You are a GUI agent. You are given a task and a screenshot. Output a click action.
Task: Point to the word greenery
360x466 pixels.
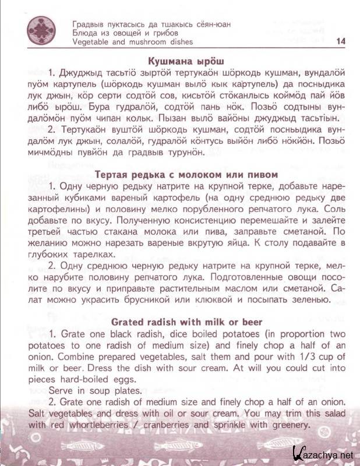pyautogui.click(x=285, y=425)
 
